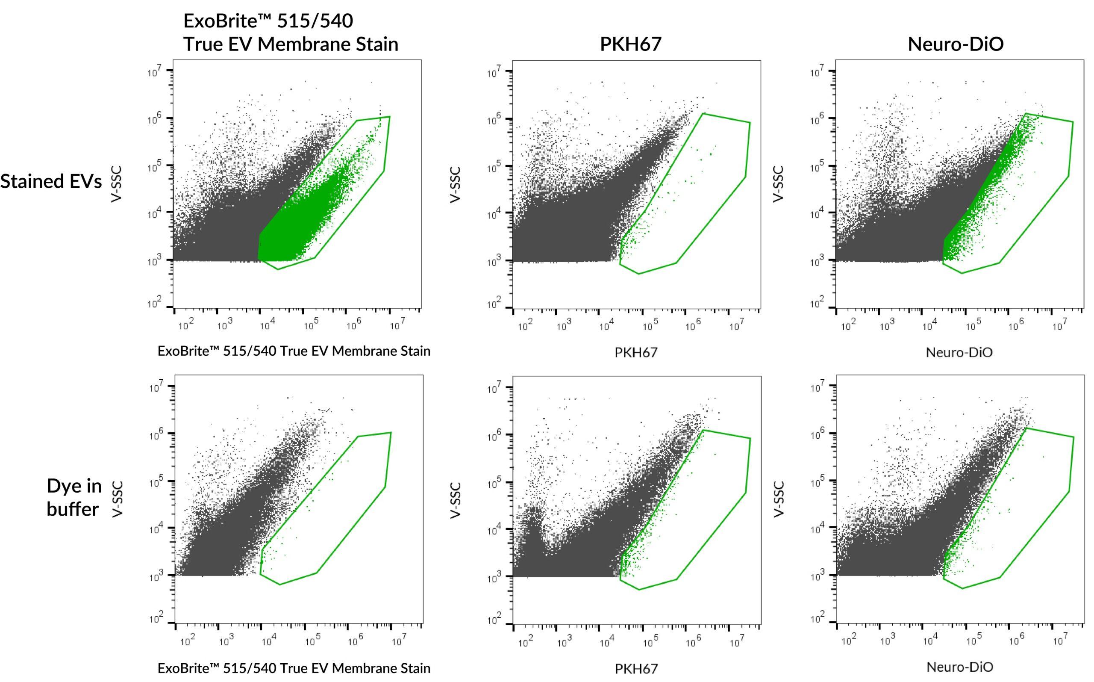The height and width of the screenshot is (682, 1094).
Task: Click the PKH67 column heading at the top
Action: tap(630, 44)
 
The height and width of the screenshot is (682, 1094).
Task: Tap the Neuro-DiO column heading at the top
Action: tap(956, 44)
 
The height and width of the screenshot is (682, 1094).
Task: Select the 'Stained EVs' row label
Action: tap(51, 181)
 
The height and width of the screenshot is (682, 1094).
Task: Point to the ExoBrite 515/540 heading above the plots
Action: tap(291, 32)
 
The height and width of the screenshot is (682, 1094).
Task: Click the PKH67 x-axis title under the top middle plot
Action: tap(636, 352)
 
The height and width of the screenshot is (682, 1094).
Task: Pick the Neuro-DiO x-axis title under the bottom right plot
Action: tap(960, 667)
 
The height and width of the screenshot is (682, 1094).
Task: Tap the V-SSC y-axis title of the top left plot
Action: tap(116, 184)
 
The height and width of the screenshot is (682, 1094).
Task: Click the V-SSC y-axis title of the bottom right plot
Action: tap(779, 499)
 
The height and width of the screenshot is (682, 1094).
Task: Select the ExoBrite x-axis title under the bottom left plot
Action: tap(294, 667)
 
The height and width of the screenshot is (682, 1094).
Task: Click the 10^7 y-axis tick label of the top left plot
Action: tap(155, 71)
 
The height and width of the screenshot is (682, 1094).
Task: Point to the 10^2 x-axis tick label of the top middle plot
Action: tap(525, 325)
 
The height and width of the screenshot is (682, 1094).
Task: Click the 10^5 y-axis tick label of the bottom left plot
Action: tap(156, 482)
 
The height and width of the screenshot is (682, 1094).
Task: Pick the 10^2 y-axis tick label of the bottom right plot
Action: tap(818, 619)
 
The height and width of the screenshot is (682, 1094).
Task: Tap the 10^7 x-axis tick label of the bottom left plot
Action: tap(398, 640)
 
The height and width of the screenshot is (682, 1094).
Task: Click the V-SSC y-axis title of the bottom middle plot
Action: tap(455, 500)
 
